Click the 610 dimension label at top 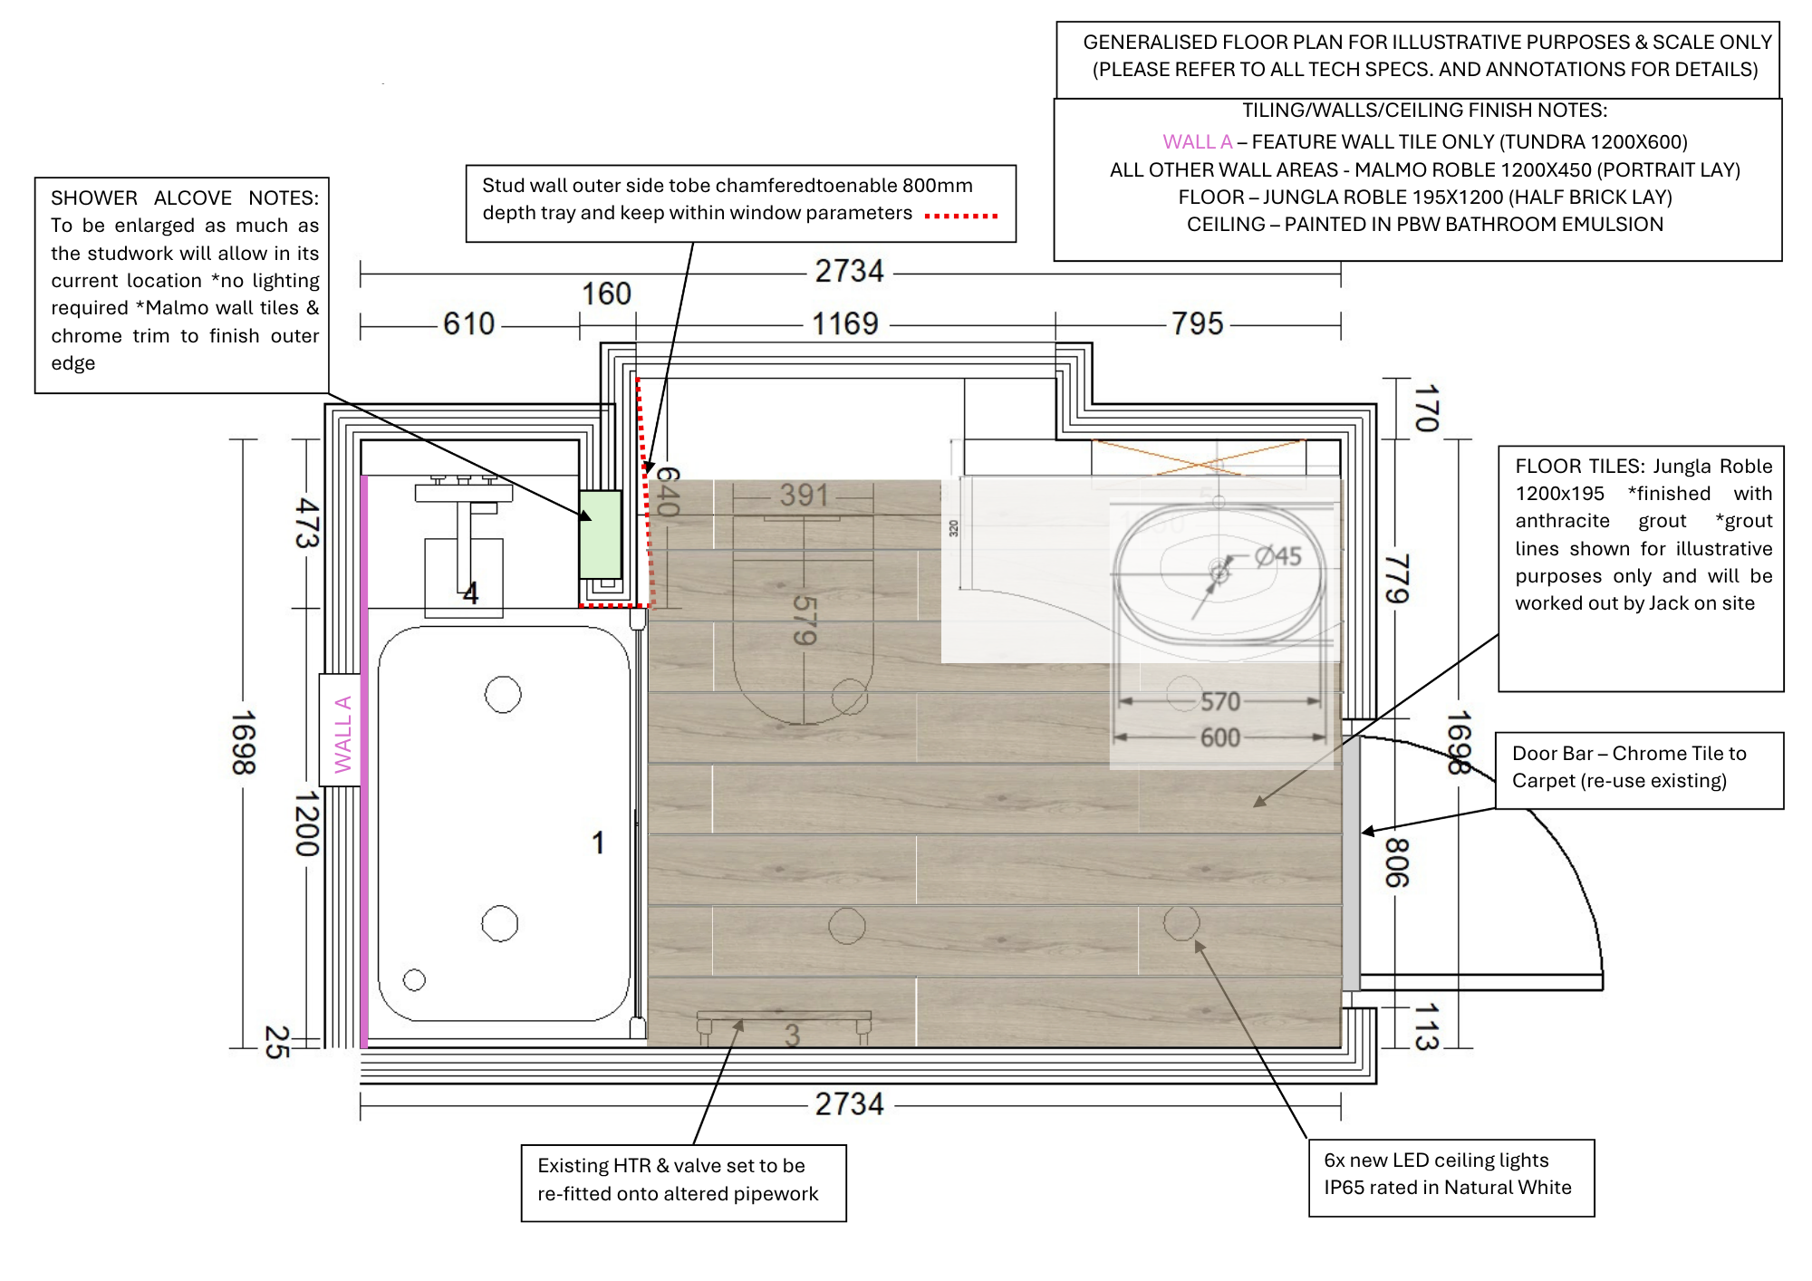pyautogui.click(x=468, y=323)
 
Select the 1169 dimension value pyautogui.click(x=844, y=323)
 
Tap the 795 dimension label pyautogui.click(x=1197, y=323)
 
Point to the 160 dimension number pyautogui.click(x=605, y=294)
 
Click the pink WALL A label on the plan pyautogui.click(x=342, y=734)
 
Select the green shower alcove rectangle pyautogui.click(x=600, y=534)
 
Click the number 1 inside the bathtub pyautogui.click(x=598, y=843)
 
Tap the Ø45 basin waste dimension pyautogui.click(x=1278, y=555)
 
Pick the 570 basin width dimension pyautogui.click(x=1219, y=701)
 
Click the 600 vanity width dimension pyautogui.click(x=1219, y=737)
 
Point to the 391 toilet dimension pyautogui.click(x=804, y=495)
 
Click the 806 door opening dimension pyautogui.click(x=1396, y=862)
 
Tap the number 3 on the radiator pyautogui.click(x=792, y=1035)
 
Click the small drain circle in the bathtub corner pyautogui.click(x=414, y=979)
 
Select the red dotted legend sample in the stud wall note pyautogui.click(x=960, y=216)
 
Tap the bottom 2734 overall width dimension pyautogui.click(x=849, y=1103)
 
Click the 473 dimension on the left pyautogui.click(x=307, y=523)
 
